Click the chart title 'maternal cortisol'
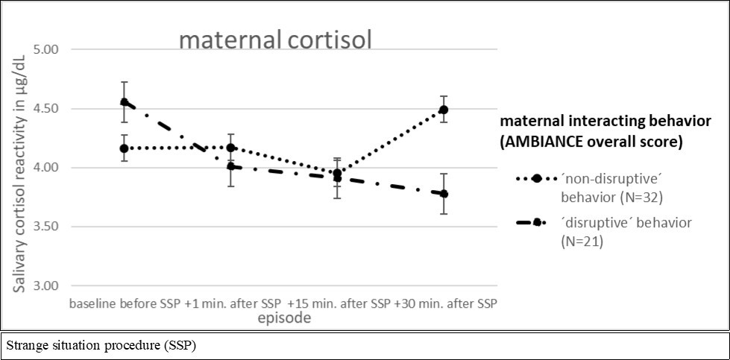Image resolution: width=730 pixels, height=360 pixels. pyautogui.click(x=274, y=39)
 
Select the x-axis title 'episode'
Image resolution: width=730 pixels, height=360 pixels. pyautogui.click(x=284, y=318)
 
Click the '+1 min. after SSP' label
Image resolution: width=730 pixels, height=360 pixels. pyautogui.click(x=232, y=304)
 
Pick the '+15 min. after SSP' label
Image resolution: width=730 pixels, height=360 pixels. pyautogui.click(x=339, y=304)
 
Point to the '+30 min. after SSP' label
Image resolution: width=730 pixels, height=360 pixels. pyautogui.click(x=446, y=304)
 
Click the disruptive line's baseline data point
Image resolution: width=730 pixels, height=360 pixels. pyautogui.click(x=125, y=102)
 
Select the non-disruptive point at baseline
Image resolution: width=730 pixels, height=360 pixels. pyautogui.click(x=125, y=148)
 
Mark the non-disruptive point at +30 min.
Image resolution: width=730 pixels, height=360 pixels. pyautogui.click(x=444, y=110)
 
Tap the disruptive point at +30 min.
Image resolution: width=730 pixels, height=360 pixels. pyautogui.click(x=444, y=194)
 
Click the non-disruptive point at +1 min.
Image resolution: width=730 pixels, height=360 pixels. pyautogui.click(x=231, y=148)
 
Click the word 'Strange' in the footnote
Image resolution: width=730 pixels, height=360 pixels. pyautogui.click(x=23, y=347)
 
